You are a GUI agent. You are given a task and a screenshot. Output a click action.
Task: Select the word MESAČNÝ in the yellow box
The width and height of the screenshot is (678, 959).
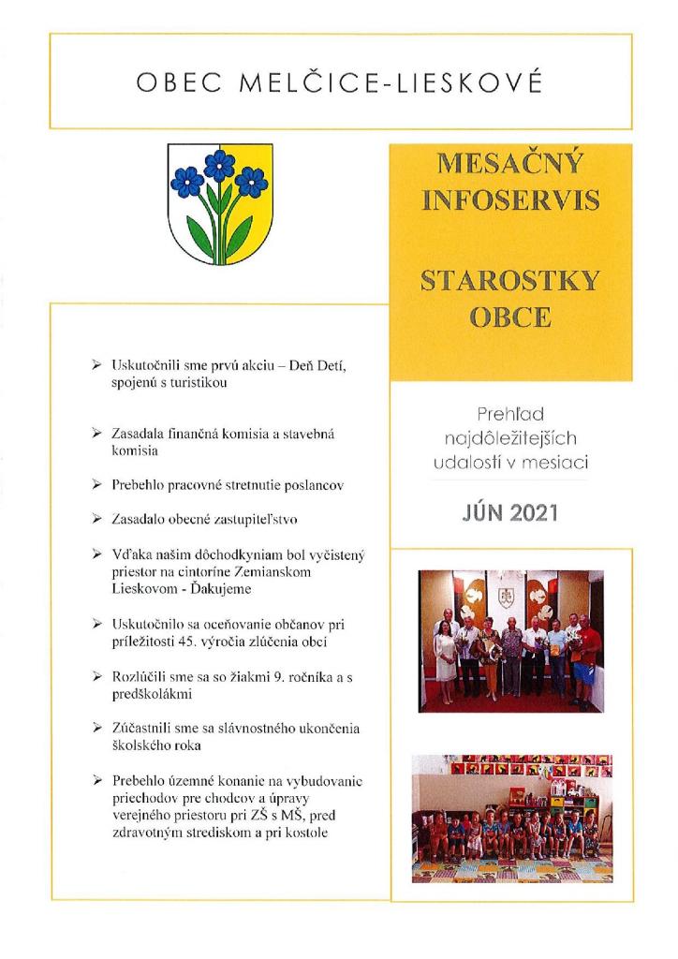click(510, 167)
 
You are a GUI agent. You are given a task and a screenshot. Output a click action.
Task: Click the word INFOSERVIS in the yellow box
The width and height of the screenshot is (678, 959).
click(510, 201)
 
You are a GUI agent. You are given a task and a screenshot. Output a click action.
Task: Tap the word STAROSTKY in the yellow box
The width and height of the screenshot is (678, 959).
click(510, 281)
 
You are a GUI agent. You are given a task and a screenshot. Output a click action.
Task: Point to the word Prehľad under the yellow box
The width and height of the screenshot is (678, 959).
click(510, 413)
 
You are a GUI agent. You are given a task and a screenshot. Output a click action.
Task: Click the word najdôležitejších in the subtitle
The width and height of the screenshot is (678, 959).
click(510, 436)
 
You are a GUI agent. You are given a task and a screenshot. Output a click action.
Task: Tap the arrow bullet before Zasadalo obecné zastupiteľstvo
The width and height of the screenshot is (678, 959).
click(97, 517)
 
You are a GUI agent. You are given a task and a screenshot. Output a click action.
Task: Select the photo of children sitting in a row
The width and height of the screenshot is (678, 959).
click(510, 818)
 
